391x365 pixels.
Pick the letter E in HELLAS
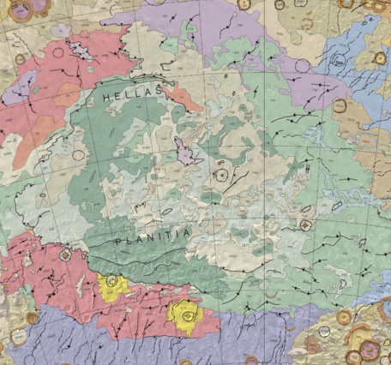click(x=117, y=99)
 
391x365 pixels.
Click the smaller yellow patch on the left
click(x=111, y=282)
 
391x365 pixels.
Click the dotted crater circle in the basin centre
click(x=221, y=176)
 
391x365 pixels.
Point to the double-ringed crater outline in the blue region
click(x=340, y=61)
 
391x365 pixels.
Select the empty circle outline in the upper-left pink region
click(x=58, y=51)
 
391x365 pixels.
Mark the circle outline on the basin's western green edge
click(x=80, y=154)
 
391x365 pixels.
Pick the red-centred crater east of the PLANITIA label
click(x=305, y=225)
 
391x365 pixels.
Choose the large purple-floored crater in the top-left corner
click(x=15, y=8)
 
